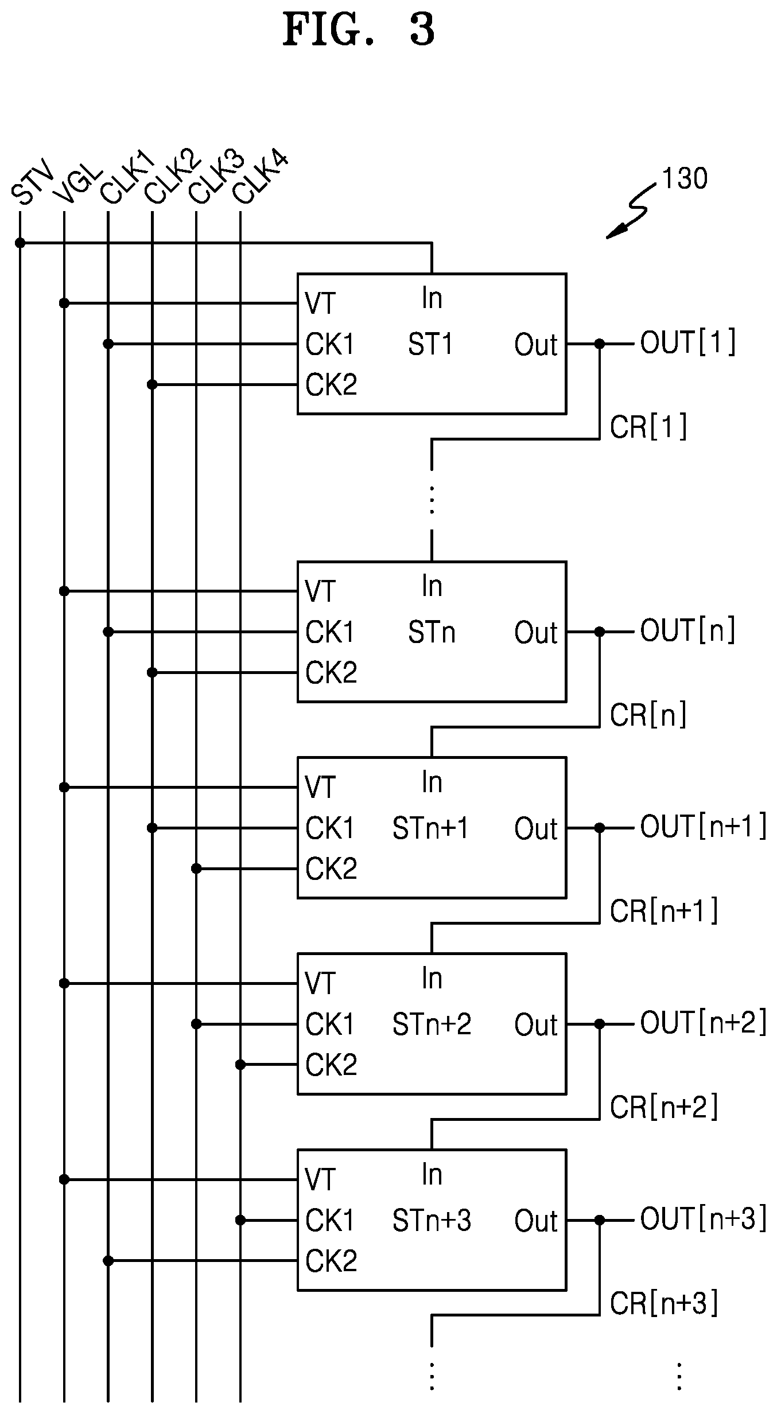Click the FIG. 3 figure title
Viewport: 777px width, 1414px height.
[359, 30]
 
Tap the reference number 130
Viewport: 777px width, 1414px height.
[685, 179]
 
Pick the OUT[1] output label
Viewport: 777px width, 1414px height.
[688, 342]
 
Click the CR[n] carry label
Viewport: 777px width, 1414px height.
[648, 715]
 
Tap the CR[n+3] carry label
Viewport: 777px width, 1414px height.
[664, 1303]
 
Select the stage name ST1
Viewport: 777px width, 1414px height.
[430, 344]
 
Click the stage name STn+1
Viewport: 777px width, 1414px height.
[430, 828]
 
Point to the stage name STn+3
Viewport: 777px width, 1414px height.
[432, 1221]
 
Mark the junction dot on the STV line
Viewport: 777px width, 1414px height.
[20, 243]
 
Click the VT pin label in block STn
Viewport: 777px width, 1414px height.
[320, 591]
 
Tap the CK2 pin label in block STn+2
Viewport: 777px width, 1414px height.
[331, 1065]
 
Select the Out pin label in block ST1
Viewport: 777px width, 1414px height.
[536, 345]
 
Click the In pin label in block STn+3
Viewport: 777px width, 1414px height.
[432, 1174]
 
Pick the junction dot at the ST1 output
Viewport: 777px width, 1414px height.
[600, 344]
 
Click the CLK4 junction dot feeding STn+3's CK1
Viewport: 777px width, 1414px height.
[240, 1220]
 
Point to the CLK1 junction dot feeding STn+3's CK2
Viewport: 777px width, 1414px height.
[108, 1260]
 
